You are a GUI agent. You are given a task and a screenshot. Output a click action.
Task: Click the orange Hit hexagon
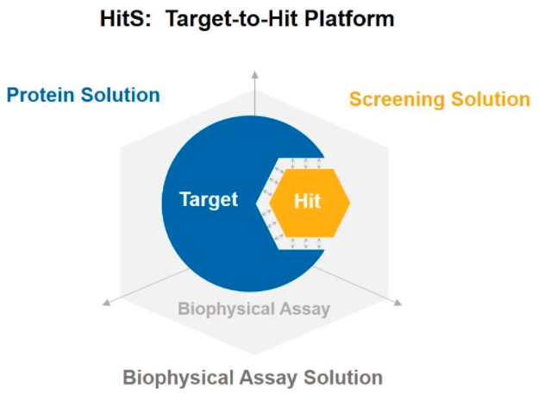click(310, 203)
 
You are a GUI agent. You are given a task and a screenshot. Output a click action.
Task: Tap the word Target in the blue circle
click(209, 200)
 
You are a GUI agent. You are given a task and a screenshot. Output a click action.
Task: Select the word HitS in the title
click(125, 18)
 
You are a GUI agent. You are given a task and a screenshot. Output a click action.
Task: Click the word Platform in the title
click(349, 18)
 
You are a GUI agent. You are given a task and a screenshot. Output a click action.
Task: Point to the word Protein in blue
click(41, 95)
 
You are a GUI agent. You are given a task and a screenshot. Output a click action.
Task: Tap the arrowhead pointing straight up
click(254, 75)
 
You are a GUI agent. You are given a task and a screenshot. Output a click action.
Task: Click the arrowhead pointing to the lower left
click(107, 302)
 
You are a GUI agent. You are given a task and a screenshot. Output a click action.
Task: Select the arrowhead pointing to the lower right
click(397, 303)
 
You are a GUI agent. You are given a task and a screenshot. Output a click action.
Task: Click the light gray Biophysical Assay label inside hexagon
click(253, 309)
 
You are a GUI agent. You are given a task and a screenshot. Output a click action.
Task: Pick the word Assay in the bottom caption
click(268, 378)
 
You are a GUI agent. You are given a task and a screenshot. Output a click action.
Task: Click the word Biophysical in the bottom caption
click(178, 378)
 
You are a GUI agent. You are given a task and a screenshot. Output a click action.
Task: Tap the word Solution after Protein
click(120, 95)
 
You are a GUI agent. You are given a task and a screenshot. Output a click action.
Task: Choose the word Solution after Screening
click(491, 99)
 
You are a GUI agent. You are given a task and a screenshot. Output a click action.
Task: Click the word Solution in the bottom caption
click(343, 378)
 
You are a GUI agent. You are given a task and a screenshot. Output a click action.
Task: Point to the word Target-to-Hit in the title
click(232, 19)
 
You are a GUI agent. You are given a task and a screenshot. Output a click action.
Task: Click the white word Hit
click(308, 201)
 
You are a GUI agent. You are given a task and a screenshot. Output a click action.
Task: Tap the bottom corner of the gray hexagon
click(254, 355)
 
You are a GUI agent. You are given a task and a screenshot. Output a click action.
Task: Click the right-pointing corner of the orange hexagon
click(350, 203)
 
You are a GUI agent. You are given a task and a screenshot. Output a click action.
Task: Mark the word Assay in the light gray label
click(304, 309)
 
